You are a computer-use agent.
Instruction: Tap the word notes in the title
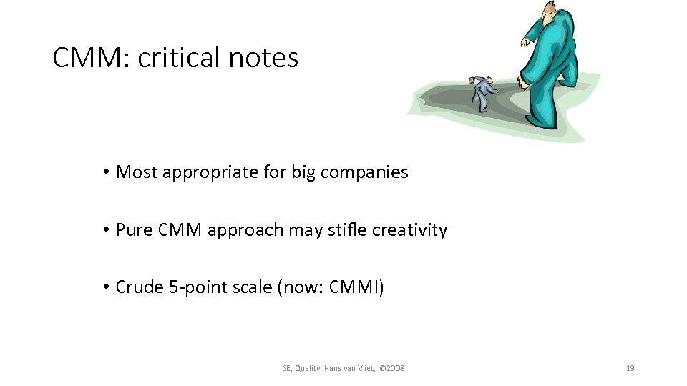[x=263, y=58]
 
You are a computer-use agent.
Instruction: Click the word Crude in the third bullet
[x=139, y=288]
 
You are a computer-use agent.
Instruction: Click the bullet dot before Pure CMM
[x=104, y=230]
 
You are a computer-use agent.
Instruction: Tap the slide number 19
[x=630, y=368]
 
